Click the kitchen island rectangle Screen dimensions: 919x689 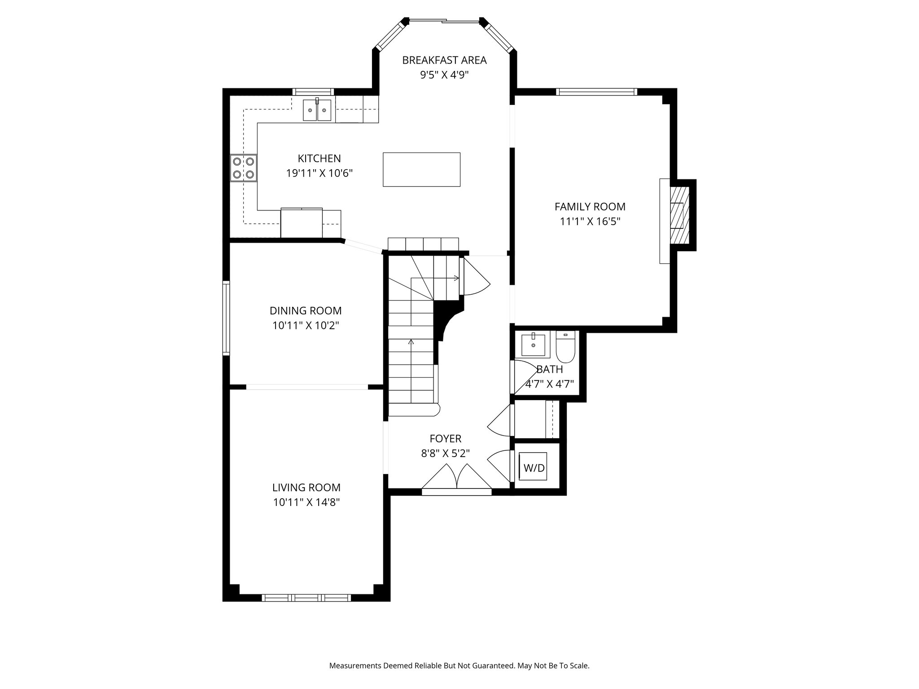point(421,169)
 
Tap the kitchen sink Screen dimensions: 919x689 point(317,110)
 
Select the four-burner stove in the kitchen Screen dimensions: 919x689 point(244,168)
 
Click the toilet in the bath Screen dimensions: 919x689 point(565,346)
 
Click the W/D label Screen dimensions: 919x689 point(534,468)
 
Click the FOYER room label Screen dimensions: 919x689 point(445,438)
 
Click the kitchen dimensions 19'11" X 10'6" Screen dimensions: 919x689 point(319,173)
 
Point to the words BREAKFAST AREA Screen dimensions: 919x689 point(444,60)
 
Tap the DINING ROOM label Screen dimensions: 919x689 point(306,310)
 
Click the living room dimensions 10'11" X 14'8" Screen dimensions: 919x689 point(306,502)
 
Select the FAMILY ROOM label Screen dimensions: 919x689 point(590,206)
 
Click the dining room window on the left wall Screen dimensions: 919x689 point(226,318)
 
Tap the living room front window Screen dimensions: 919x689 point(306,597)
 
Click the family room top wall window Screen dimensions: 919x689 point(596,92)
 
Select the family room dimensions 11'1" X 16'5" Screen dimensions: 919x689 point(590,221)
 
